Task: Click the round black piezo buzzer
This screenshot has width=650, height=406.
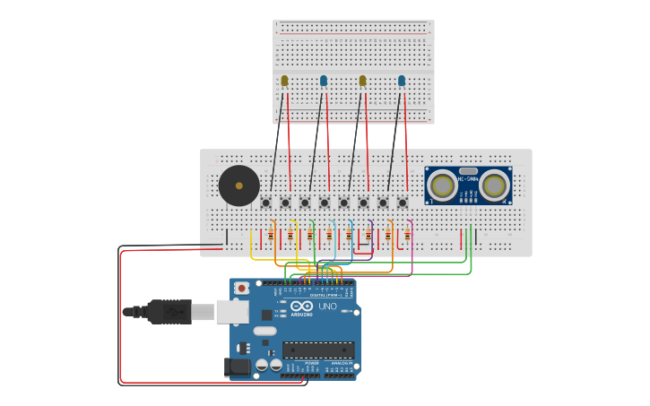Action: (x=238, y=186)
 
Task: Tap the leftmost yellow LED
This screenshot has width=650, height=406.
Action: (x=284, y=81)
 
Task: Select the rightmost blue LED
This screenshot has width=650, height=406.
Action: (x=402, y=81)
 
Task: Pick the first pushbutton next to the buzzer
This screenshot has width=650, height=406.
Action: (x=266, y=203)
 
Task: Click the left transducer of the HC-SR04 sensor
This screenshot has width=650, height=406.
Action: (x=442, y=186)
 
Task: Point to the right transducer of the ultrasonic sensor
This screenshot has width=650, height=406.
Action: (x=494, y=186)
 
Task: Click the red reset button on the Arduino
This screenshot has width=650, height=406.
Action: (x=241, y=288)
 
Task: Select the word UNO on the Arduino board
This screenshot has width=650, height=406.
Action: (x=327, y=307)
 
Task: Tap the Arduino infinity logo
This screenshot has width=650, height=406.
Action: (x=301, y=306)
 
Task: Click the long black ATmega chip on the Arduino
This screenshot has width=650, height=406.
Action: (x=317, y=350)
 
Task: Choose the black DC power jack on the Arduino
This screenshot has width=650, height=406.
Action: (x=236, y=366)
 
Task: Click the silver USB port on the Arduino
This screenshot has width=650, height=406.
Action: (x=231, y=311)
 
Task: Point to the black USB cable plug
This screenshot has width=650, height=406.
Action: (x=170, y=311)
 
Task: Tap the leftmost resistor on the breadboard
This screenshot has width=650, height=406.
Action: (x=271, y=235)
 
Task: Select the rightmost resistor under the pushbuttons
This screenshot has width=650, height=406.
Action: (x=407, y=235)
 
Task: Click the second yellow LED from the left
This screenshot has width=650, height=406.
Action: (x=362, y=81)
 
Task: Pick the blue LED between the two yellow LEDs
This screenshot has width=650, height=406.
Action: (x=324, y=81)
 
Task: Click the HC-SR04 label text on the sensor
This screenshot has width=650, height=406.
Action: (x=468, y=178)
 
